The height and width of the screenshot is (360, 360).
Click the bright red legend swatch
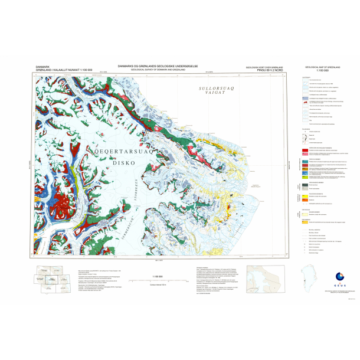tap(306, 147)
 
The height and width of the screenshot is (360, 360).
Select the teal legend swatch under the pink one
tap(306, 160)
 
